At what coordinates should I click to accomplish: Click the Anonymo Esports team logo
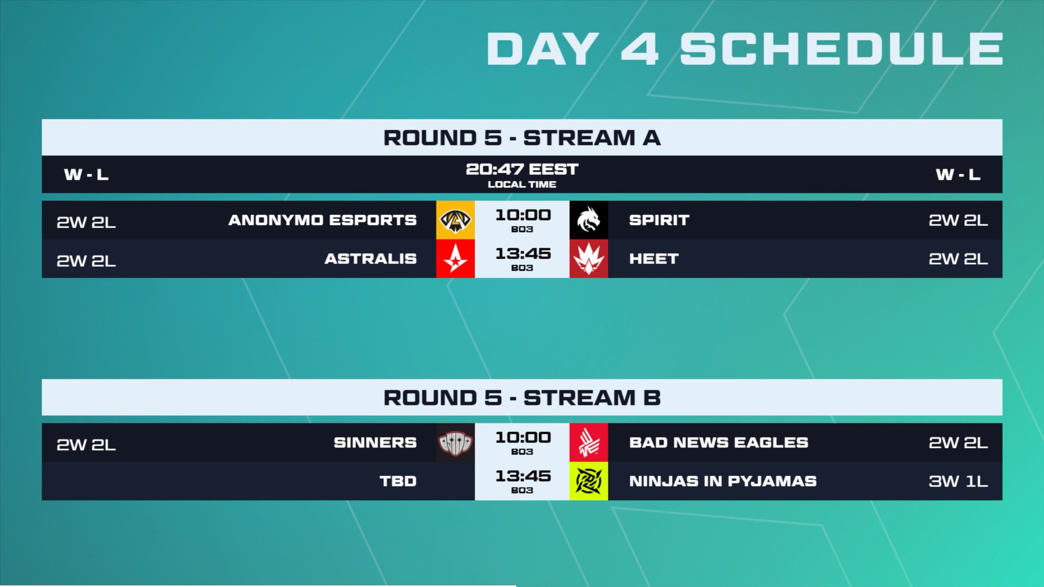point(455,220)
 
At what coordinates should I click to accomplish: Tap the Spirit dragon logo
point(588,220)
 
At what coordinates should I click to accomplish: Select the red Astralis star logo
point(455,258)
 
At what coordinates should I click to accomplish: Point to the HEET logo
point(588,258)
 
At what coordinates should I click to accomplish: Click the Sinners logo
point(455,443)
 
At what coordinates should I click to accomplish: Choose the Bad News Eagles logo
point(588,443)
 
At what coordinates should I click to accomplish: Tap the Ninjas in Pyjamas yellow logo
point(588,481)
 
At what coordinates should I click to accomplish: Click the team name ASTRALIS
point(371,259)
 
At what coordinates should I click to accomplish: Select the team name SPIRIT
point(659,220)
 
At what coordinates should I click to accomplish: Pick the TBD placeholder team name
point(398,481)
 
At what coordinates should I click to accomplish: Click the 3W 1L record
point(958,481)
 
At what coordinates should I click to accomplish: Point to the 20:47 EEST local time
point(522,170)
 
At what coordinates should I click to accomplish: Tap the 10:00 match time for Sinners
point(523,438)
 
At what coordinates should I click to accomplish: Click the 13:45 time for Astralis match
point(523,254)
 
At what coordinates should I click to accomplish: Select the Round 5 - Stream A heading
point(522,138)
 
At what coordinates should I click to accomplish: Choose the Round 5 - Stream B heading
point(522,398)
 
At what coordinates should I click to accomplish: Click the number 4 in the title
point(640,49)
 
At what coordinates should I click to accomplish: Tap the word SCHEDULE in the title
point(842,49)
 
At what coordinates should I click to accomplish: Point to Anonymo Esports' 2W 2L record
point(86,222)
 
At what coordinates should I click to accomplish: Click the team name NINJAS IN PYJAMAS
point(723,481)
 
